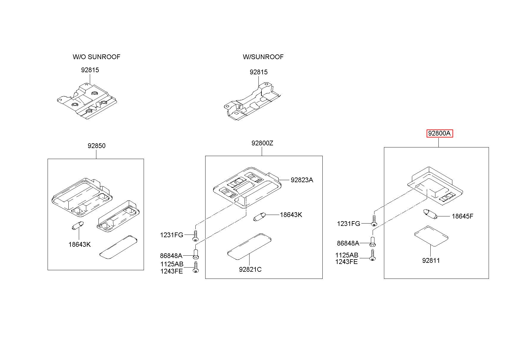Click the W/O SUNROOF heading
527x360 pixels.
coord(96,57)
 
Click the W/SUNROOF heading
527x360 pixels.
coord(263,57)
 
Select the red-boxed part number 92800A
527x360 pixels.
coord(440,133)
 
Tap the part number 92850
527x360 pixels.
coord(96,146)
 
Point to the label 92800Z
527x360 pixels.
coord(262,143)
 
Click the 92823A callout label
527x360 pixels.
coord(302,180)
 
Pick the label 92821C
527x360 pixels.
coord(250,269)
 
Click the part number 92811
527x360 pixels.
coord(431,260)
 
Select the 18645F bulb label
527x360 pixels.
coord(462,216)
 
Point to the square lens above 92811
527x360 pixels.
coord(431,236)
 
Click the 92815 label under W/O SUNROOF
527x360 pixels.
coord(90,70)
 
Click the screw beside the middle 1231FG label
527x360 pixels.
coord(195,236)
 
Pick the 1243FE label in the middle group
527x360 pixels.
coord(171,271)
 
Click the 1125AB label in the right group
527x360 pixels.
coord(346,255)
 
